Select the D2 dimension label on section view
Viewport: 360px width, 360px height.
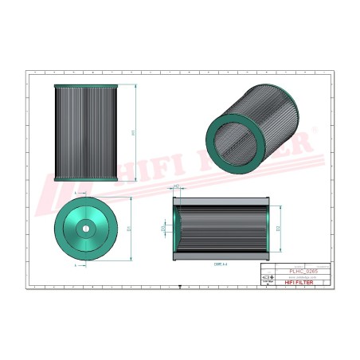click(x=279, y=228)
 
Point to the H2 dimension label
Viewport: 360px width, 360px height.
click(x=175, y=189)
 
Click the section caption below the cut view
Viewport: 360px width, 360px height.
click(x=221, y=264)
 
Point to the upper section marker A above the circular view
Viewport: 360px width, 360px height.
click(x=76, y=194)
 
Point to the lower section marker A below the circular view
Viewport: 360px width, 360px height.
click(x=76, y=265)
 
